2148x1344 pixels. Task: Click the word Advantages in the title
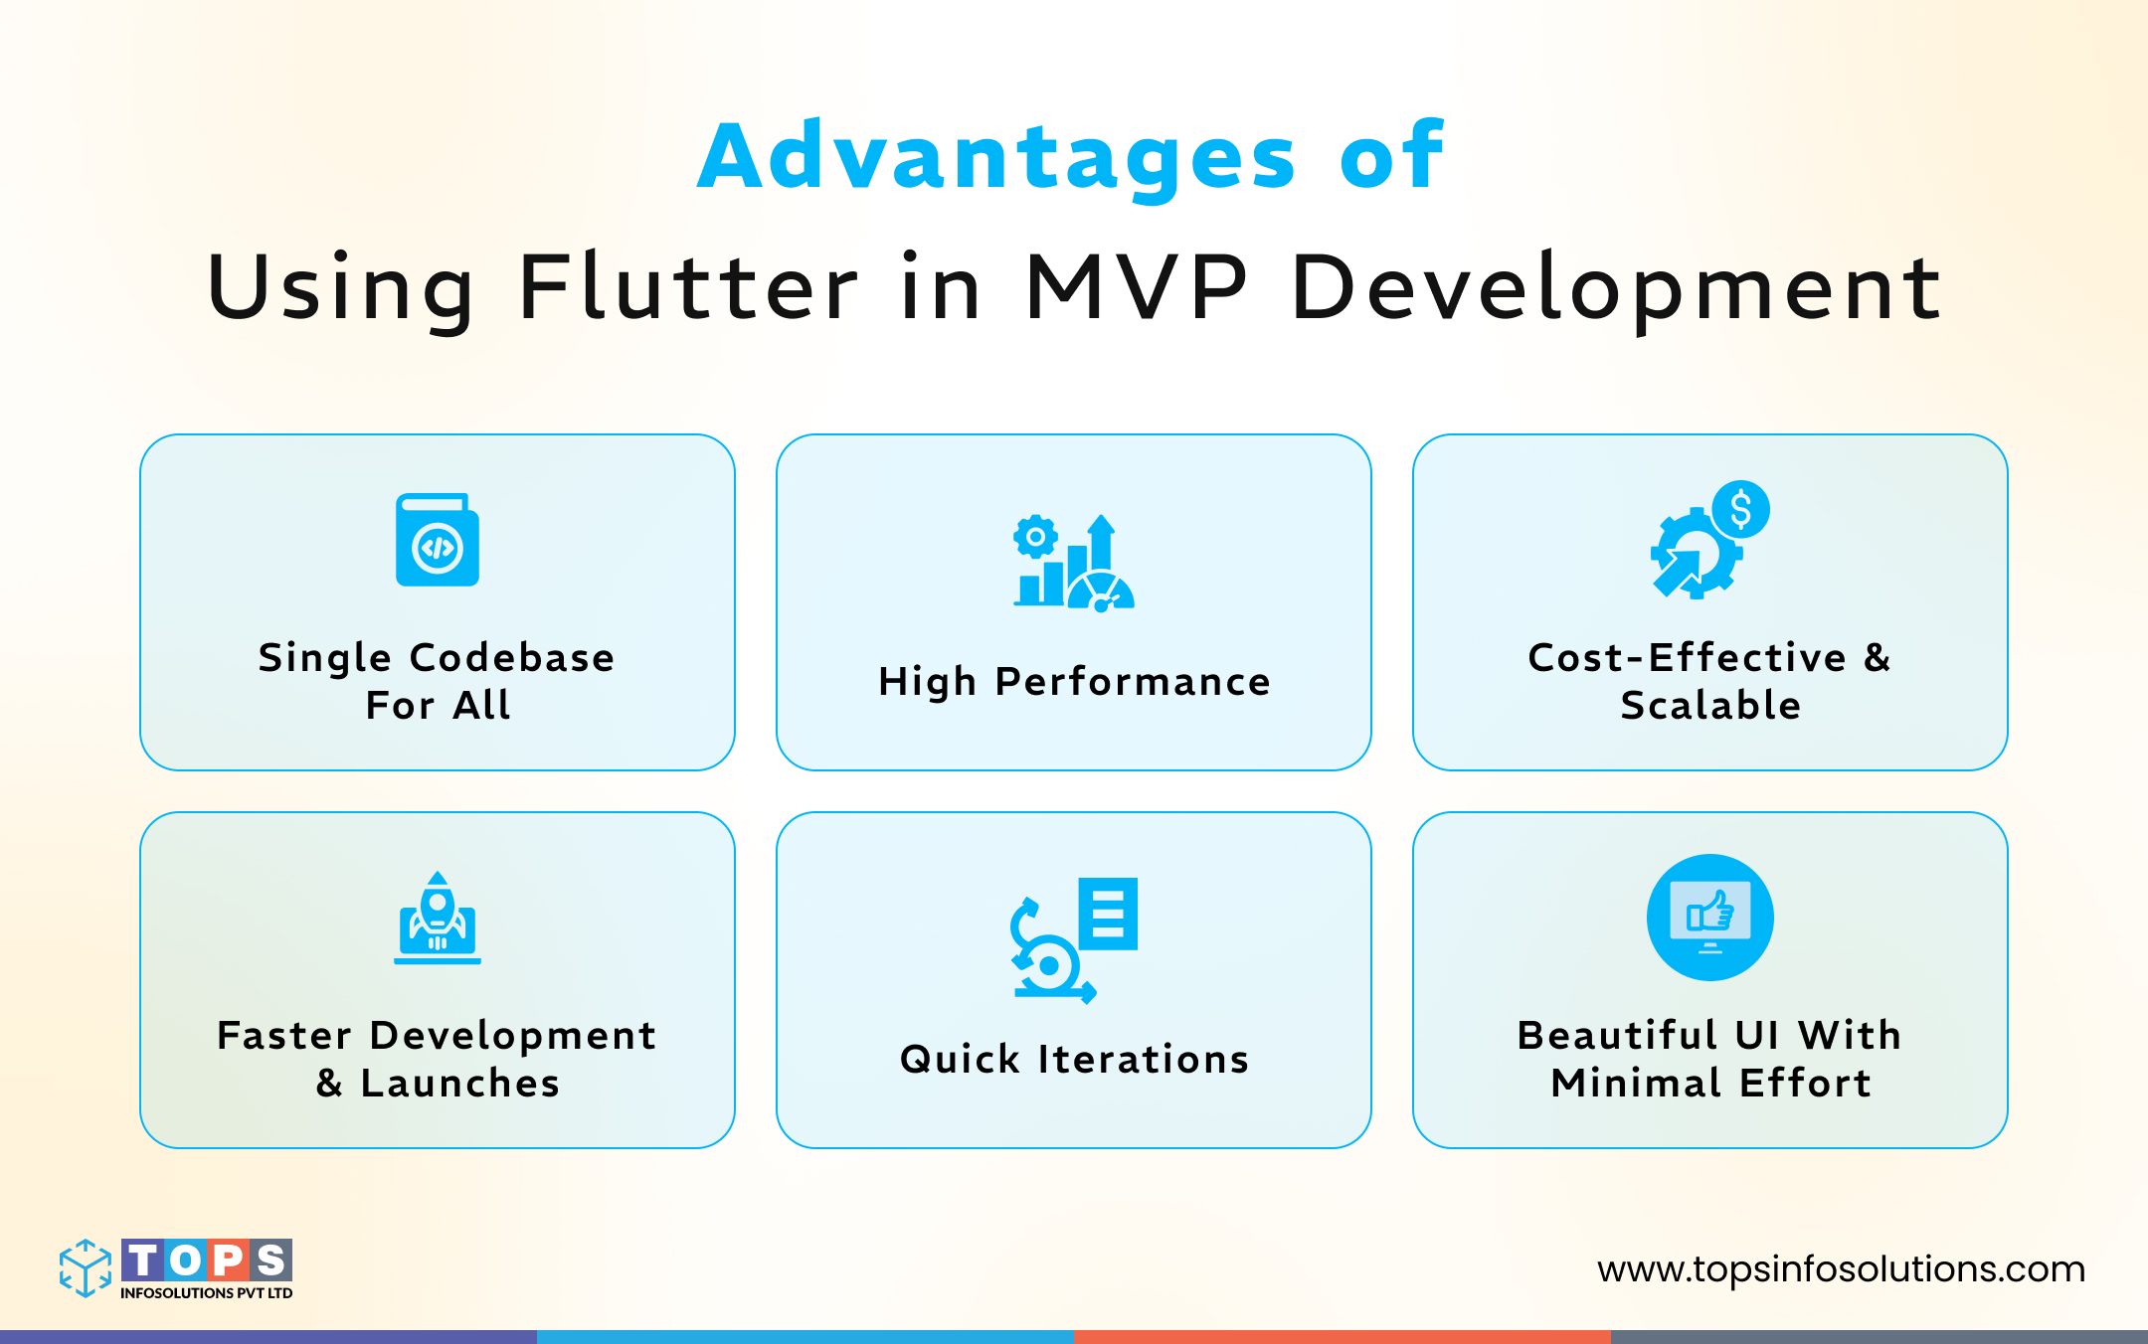click(997, 157)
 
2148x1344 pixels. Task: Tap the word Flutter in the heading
click(688, 288)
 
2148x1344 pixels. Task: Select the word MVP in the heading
click(1137, 288)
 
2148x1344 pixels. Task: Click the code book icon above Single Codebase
click(438, 540)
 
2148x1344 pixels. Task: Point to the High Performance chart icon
click(1074, 563)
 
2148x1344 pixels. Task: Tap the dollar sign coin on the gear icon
click(1740, 509)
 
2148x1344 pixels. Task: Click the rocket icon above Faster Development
click(438, 918)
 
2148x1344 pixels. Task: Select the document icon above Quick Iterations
click(1108, 914)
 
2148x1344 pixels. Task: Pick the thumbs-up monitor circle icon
click(1710, 918)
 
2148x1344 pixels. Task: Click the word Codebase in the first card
click(512, 658)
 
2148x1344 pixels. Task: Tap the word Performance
click(1133, 682)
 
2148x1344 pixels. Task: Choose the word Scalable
click(1710, 706)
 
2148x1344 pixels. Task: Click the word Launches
click(460, 1084)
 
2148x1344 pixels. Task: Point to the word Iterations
click(1144, 1060)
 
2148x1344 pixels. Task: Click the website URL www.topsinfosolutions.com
click(1842, 1269)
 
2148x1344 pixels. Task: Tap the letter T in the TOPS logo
click(143, 1260)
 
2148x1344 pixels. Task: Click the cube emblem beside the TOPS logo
click(86, 1267)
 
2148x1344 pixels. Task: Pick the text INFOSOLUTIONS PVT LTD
click(207, 1293)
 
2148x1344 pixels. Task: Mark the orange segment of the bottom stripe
click(1342, 1337)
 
